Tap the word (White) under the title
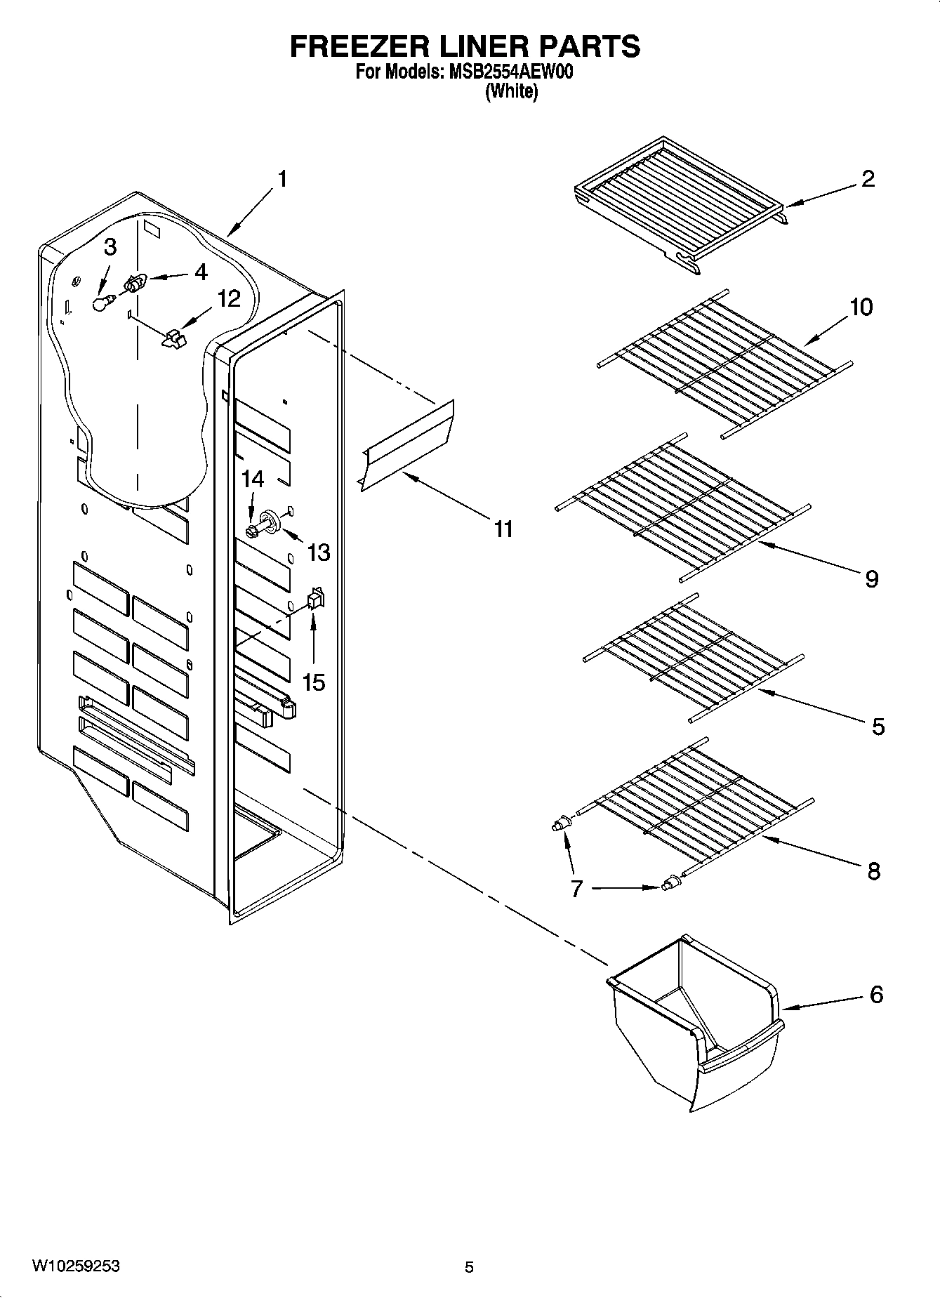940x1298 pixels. click(511, 92)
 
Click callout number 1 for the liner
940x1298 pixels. click(282, 179)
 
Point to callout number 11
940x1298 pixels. click(503, 529)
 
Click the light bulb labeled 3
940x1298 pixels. click(103, 303)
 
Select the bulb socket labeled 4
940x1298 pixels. click(134, 283)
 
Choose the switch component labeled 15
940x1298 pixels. click(315, 598)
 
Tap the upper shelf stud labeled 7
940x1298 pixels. click(559, 824)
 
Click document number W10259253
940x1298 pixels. click(76, 1266)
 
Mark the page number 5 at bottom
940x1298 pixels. click(469, 1267)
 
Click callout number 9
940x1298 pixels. click(871, 578)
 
